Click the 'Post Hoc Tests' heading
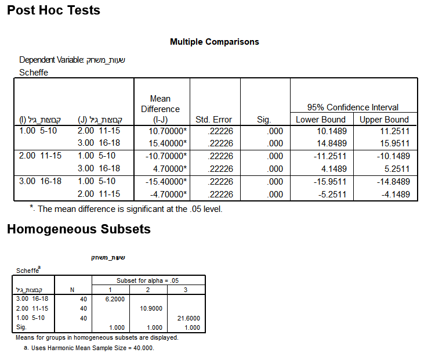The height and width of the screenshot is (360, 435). click(x=53, y=10)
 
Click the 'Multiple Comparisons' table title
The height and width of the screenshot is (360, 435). click(x=215, y=42)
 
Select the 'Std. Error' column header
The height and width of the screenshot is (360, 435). click(x=214, y=120)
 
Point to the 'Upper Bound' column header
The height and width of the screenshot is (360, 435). click(x=384, y=120)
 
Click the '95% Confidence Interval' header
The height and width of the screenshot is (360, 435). click(x=353, y=107)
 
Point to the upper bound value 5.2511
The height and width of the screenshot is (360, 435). click(x=396, y=168)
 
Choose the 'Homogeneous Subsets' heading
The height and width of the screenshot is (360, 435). click(x=79, y=229)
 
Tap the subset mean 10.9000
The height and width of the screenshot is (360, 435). click(x=151, y=308)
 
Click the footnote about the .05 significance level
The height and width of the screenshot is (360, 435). click(x=126, y=209)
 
